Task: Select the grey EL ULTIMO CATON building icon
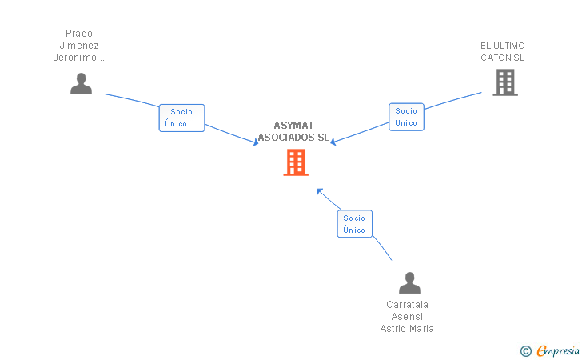click(504, 82)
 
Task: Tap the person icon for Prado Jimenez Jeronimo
click(81, 84)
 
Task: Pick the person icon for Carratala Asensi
click(409, 283)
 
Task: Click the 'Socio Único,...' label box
click(181, 118)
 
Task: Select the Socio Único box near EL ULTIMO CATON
click(406, 117)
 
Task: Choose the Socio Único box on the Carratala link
click(354, 224)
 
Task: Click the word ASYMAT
click(293, 126)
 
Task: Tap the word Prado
click(79, 34)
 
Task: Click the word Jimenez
click(79, 46)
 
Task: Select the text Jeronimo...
click(78, 58)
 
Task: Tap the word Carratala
click(407, 305)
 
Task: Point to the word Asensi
click(407, 317)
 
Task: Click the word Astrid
click(395, 329)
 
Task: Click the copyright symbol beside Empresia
click(525, 350)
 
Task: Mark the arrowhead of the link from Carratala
click(319, 190)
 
